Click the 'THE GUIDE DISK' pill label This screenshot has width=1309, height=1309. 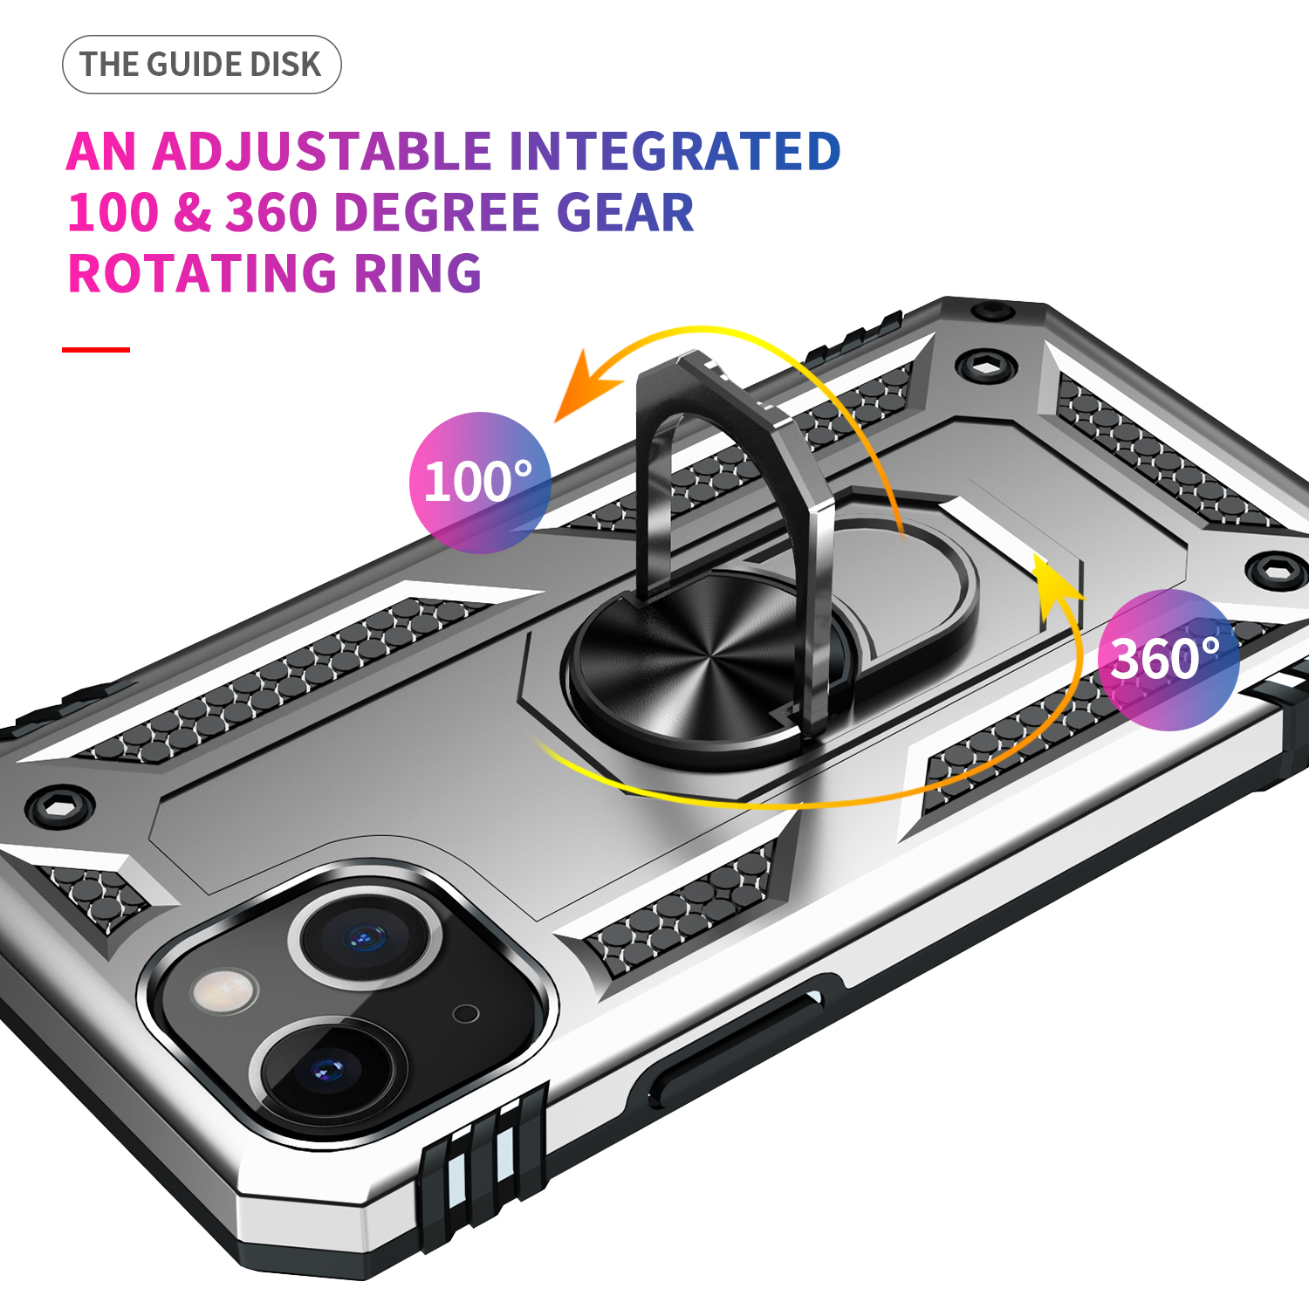tap(202, 65)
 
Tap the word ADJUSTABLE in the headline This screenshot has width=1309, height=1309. tap(322, 152)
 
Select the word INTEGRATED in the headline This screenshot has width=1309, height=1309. tap(675, 152)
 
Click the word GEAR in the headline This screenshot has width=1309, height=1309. tap(625, 212)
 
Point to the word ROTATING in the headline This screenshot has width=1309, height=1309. tap(202, 273)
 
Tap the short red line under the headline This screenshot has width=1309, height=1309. tap(96, 349)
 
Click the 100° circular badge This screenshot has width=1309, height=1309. tap(480, 483)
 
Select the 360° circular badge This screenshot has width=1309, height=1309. tap(1169, 660)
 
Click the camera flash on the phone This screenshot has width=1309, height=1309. tap(225, 991)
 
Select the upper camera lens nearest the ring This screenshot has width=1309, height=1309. tap(365, 937)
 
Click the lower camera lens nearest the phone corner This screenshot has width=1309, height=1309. tap(328, 1069)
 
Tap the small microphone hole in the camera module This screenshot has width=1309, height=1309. tap(466, 1013)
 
